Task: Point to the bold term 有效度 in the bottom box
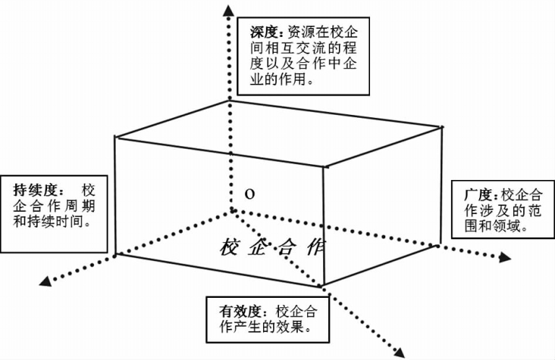238,312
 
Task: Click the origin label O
249,194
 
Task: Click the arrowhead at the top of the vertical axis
228,8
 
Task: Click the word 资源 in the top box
297,32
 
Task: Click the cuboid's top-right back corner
442,127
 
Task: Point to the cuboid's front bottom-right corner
324,285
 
